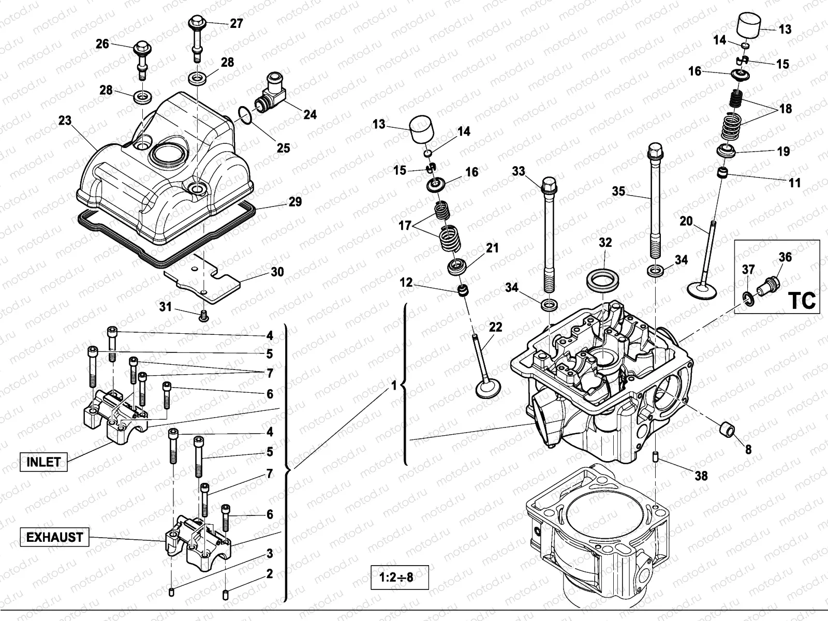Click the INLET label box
click(43, 462)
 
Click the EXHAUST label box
click(54, 537)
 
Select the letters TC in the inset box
click(802, 300)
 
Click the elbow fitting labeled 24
click(271, 94)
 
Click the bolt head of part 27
click(197, 23)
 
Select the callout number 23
click(65, 120)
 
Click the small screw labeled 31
click(203, 315)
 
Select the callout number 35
click(618, 191)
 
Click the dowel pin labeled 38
click(655, 457)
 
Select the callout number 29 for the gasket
click(295, 201)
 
